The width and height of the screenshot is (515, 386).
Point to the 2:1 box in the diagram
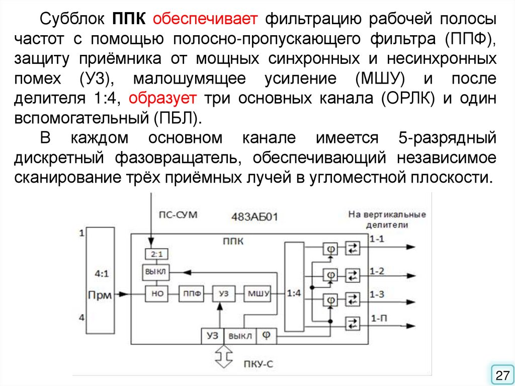[x=151, y=253]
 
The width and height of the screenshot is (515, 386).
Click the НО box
[x=157, y=293]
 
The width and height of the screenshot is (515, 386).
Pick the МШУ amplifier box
[x=257, y=293]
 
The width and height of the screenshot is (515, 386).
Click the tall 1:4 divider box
[x=294, y=292]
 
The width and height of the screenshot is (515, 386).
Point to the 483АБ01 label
[x=254, y=217]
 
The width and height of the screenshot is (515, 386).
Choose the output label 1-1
[x=377, y=239]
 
